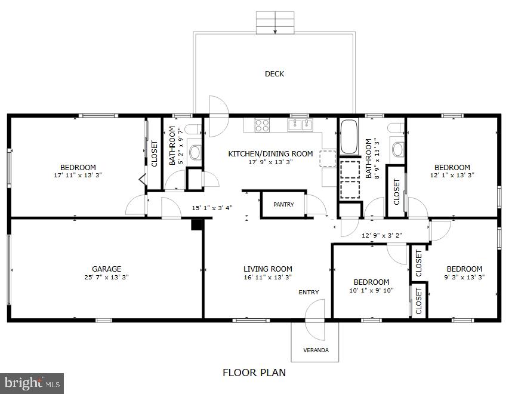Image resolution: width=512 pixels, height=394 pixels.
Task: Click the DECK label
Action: click(x=274, y=74)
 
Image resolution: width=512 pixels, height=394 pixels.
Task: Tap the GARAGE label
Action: click(x=106, y=269)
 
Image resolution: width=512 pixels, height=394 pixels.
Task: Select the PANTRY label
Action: click(x=283, y=205)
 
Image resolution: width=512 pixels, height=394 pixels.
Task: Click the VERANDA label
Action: click(x=316, y=350)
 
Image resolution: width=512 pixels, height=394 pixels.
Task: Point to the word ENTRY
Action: click(x=309, y=292)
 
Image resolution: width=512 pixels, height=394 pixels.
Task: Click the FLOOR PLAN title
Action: click(x=254, y=373)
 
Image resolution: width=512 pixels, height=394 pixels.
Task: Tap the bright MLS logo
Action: click(x=32, y=383)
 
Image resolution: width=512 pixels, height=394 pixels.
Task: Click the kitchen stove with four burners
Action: click(x=262, y=125)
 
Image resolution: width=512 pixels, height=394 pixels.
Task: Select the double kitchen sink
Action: click(x=300, y=125)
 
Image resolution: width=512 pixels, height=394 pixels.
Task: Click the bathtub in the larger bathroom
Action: click(x=348, y=137)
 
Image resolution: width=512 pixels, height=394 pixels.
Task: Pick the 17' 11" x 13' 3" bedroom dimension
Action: click(x=78, y=175)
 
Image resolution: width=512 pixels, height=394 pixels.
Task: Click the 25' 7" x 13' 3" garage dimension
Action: click(x=106, y=277)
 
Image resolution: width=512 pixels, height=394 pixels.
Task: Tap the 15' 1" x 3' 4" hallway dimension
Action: click(x=212, y=208)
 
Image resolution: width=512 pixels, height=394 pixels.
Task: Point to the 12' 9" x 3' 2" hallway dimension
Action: click(x=382, y=235)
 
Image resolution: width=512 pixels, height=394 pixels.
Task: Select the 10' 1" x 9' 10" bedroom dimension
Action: click(x=371, y=290)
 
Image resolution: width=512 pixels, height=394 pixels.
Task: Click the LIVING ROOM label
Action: click(x=268, y=269)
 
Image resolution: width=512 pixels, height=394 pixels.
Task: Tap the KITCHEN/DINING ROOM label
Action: click(x=270, y=153)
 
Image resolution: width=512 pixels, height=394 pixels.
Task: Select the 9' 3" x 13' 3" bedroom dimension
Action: click(x=464, y=277)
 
